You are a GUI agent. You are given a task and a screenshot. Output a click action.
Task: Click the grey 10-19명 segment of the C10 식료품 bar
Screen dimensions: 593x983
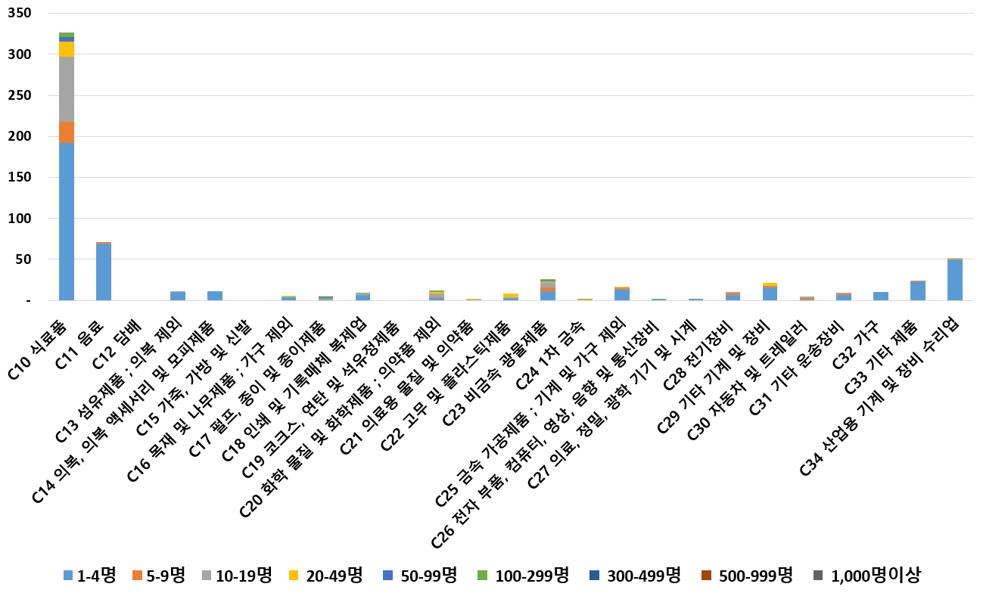(x=67, y=89)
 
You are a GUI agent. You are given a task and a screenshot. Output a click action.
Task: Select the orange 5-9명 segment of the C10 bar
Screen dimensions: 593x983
(x=67, y=132)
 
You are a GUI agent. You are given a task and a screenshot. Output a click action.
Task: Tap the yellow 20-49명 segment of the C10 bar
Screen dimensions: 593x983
(x=67, y=49)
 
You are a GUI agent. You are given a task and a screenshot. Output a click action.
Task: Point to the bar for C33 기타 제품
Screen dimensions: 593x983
(x=918, y=290)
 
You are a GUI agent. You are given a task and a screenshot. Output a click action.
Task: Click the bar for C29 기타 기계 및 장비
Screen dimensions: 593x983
(x=770, y=292)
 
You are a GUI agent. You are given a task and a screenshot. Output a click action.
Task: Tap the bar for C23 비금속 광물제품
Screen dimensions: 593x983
(x=548, y=290)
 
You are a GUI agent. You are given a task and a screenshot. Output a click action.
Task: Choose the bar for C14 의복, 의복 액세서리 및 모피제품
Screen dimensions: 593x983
(x=215, y=296)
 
